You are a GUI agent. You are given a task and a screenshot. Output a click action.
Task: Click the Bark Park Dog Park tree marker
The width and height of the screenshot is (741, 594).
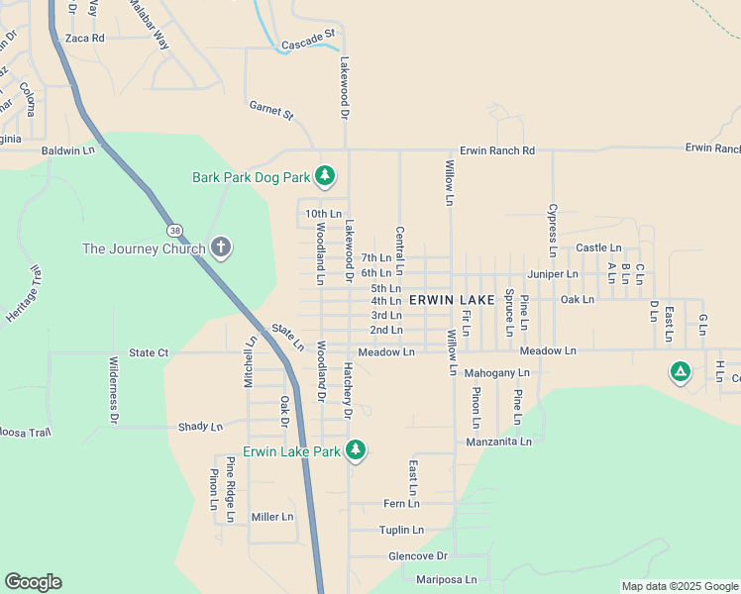coord(325,177)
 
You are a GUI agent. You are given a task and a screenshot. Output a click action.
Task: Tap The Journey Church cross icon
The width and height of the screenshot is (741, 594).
coord(220,248)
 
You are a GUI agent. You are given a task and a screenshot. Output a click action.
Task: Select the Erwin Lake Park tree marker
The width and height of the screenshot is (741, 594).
coord(356,451)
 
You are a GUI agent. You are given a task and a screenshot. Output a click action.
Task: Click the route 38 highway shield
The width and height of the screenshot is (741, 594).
coord(175,230)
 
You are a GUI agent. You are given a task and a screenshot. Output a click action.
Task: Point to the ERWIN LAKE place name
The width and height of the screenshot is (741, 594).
coord(447,301)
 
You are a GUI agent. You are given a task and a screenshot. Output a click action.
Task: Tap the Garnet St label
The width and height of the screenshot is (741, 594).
coord(271,109)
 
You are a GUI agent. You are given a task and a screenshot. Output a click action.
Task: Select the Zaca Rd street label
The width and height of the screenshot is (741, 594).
coord(84,38)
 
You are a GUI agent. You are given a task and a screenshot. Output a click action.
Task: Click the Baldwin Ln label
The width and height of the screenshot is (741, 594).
coord(67,150)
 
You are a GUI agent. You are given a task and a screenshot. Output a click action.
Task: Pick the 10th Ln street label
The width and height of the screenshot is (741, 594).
coord(323,214)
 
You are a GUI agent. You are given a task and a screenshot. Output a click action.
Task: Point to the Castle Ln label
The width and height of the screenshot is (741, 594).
coord(598,247)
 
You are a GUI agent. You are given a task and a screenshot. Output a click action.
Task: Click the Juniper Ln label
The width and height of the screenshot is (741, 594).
coord(553,273)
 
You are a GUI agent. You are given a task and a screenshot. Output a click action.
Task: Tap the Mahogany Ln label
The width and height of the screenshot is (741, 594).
coord(497,373)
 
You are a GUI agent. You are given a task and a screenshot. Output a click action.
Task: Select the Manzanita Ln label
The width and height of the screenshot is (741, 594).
coord(498,442)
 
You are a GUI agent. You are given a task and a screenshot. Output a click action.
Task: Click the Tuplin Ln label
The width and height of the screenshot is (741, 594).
coord(401,531)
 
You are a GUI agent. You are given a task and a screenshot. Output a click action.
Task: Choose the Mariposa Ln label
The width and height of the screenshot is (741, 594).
coord(446,579)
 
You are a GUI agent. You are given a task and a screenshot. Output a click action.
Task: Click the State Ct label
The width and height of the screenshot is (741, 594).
coord(149,352)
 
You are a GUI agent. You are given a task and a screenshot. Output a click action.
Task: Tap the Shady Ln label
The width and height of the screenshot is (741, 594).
coord(200,427)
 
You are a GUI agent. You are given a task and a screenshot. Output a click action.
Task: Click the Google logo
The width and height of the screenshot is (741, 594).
coord(33,582)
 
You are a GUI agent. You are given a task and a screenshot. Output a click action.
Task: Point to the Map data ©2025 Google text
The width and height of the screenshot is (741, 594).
coord(679,586)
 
